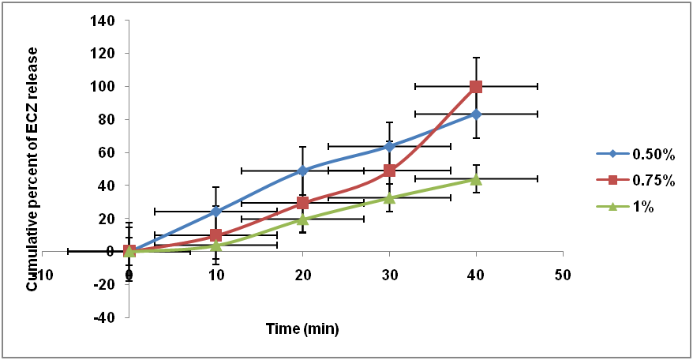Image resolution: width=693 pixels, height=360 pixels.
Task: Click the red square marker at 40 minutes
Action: tap(476, 86)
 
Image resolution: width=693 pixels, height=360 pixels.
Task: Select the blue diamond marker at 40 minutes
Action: tap(476, 114)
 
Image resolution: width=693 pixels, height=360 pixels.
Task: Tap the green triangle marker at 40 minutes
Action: tap(476, 179)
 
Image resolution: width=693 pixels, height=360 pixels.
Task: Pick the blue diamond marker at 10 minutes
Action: tap(216, 211)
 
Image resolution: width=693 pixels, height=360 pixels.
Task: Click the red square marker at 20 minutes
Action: tap(303, 203)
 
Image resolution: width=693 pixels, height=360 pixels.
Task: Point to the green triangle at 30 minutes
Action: tap(389, 197)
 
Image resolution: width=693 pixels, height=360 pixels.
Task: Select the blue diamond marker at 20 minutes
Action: tap(303, 171)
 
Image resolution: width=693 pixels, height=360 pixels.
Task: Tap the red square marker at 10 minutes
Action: tap(216, 235)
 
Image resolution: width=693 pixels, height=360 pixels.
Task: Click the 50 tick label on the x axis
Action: tap(562, 275)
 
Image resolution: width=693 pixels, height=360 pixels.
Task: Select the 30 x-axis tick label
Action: tap(389, 275)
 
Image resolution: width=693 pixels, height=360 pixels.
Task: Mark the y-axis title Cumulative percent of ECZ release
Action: tap(33, 169)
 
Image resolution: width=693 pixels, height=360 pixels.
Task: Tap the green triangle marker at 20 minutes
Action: tap(303, 219)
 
